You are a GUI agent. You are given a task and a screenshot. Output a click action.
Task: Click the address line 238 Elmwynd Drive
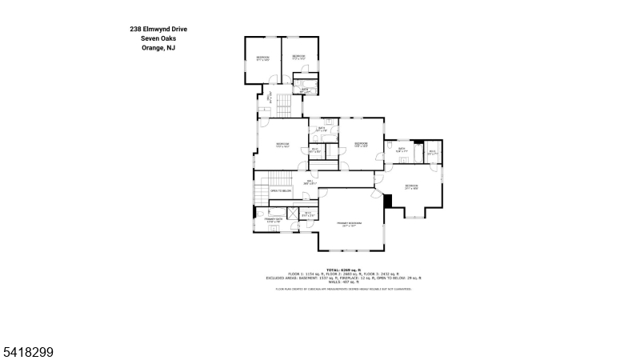pos(159,29)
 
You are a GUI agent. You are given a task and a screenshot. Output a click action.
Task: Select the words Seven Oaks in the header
pos(159,38)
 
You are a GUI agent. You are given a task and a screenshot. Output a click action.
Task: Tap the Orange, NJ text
pos(159,48)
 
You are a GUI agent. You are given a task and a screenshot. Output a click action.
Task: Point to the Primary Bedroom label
pos(350,223)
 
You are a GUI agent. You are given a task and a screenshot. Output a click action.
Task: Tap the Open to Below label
pos(280,191)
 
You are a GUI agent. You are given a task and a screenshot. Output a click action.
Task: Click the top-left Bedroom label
pos(262,58)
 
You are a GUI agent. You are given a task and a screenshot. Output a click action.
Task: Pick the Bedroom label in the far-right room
pos(411,186)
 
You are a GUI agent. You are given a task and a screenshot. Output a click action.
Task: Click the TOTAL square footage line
pos(343,270)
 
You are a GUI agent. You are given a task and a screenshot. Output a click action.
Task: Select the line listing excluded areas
pos(343,278)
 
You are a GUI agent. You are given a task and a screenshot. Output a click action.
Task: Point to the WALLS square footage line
pos(343,282)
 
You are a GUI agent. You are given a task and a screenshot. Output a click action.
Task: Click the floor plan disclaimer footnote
pos(343,289)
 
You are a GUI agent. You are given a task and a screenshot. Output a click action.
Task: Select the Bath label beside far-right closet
pos(402,149)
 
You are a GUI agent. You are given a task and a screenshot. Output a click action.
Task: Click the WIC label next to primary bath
pos(308,214)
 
